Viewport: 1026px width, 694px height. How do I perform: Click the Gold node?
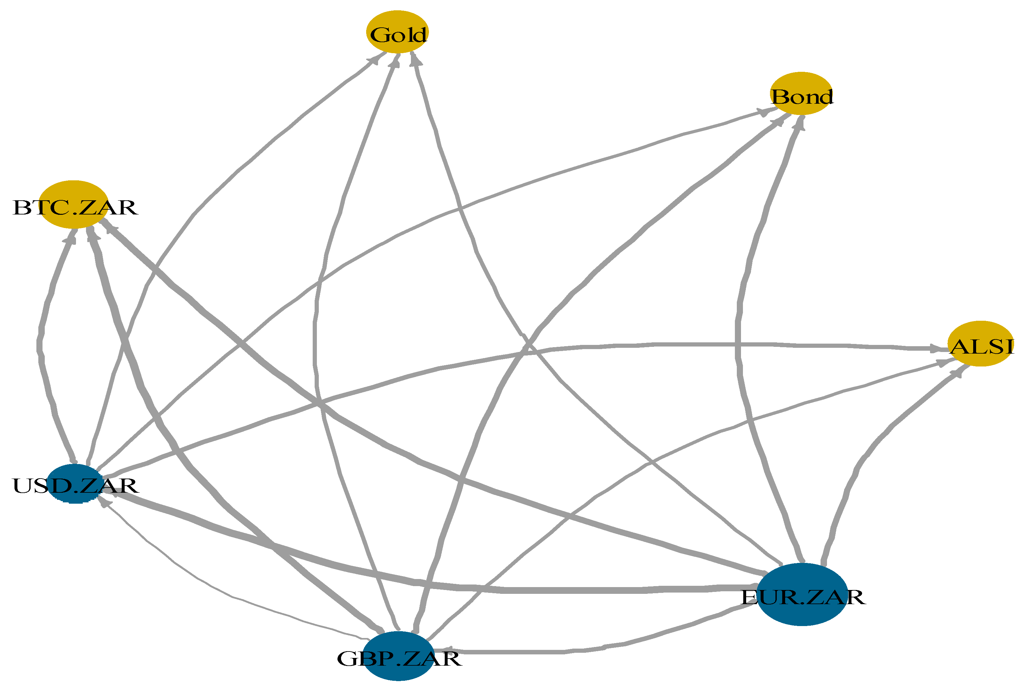click(397, 32)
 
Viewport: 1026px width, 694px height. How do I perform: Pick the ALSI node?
click(980, 344)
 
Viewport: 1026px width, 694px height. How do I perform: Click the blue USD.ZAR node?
click(74, 484)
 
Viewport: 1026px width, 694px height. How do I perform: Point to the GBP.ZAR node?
click(398, 656)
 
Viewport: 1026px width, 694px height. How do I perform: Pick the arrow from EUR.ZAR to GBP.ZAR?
click(618, 647)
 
